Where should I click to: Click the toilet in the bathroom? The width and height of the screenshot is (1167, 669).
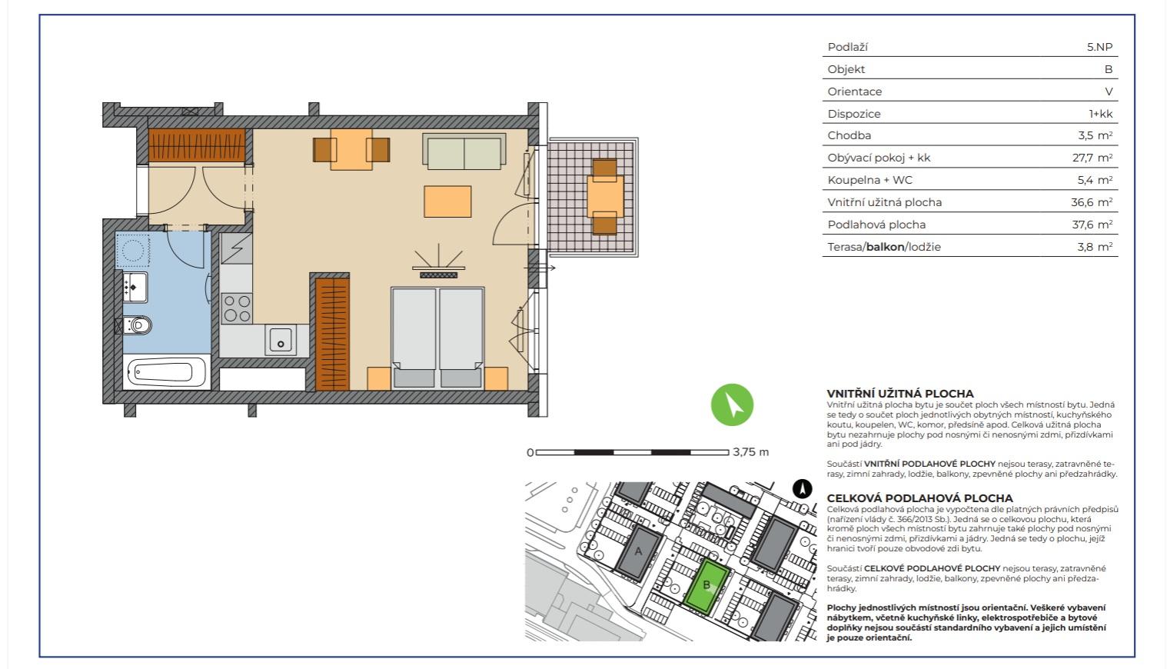tap(137, 325)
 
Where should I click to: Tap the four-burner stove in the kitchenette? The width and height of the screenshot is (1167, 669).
tap(237, 308)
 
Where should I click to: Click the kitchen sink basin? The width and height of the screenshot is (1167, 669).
tap(281, 340)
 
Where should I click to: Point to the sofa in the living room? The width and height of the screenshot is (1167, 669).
tap(464, 151)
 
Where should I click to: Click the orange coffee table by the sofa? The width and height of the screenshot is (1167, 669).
tap(447, 201)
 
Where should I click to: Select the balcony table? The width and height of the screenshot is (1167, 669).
tap(605, 196)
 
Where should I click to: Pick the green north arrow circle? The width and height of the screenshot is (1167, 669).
tap(732, 404)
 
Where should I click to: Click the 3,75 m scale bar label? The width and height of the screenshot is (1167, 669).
tap(751, 451)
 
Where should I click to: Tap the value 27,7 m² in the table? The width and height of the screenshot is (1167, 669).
tap(1092, 158)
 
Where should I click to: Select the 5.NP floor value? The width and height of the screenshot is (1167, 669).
tap(1100, 47)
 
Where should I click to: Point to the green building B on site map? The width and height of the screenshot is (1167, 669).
tap(707, 585)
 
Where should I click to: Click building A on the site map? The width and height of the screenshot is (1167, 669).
tap(639, 551)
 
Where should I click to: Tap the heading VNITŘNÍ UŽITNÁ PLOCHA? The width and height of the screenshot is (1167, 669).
tap(900, 394)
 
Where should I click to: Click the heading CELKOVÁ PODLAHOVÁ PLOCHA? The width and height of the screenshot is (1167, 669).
tap(920, 498)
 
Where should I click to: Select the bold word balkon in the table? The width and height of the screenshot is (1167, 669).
tap(885, 247)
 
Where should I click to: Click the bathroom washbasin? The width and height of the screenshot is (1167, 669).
tap(135, 287)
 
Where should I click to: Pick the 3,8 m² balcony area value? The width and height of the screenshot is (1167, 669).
tap(1095, 247)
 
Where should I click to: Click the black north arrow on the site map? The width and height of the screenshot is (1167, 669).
tap(803, 489)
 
